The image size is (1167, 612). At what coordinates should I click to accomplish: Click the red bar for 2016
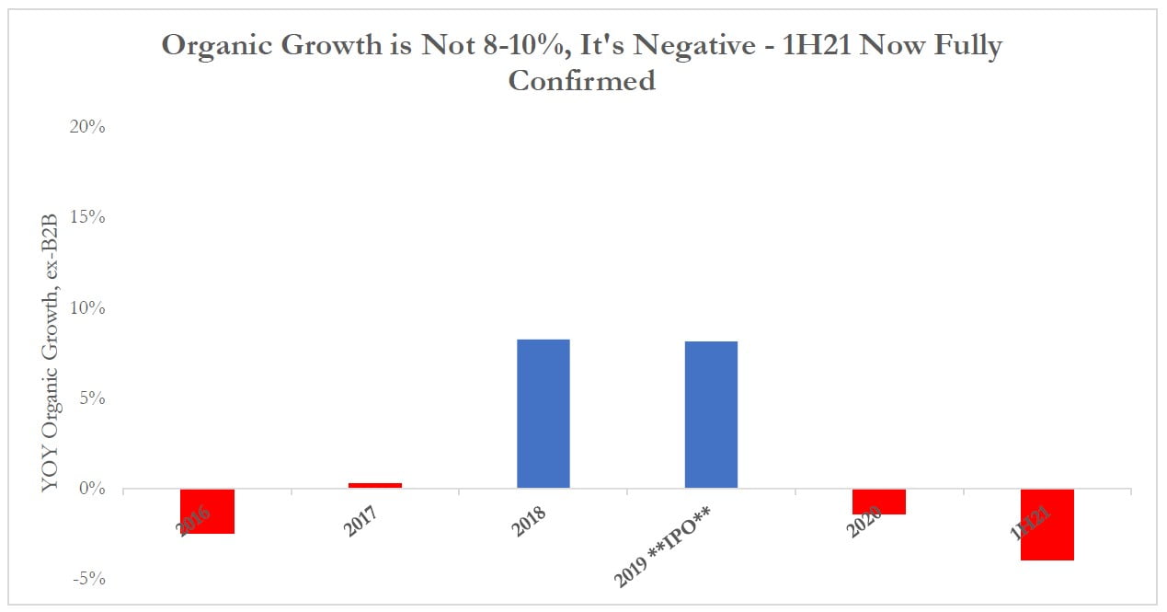coord(208,511)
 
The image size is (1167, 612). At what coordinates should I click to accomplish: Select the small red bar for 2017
coord(375,485)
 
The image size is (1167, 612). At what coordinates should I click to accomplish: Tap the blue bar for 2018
coord(543,413)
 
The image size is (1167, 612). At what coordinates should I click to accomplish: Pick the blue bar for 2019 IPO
coord(711,414)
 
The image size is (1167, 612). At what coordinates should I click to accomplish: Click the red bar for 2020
coord(879,502)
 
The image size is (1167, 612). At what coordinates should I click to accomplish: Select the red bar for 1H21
coord(1047,524)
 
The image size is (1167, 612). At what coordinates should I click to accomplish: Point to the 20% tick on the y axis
coord(87,127)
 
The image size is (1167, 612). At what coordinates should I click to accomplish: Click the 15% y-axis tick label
coord(87,217)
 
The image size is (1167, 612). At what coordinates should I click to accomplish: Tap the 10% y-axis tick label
coord(87,307)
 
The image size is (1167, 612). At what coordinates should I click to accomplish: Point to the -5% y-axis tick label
coord(88,579)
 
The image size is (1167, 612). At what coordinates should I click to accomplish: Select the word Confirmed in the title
coord(581,80)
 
